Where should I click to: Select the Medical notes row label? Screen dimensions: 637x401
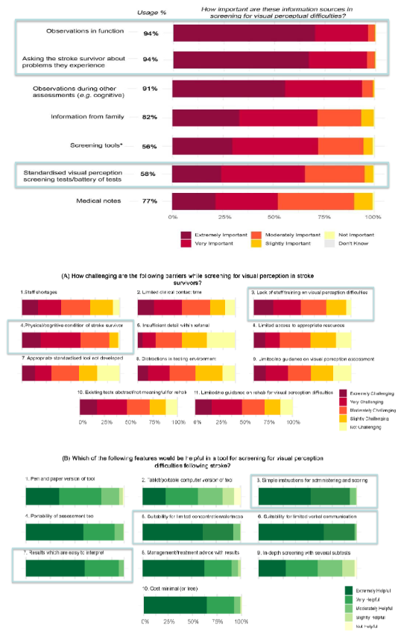pos(91,201)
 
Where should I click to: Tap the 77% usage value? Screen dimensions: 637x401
pos(149,201)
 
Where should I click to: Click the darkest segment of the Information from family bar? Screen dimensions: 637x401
pos(206,117)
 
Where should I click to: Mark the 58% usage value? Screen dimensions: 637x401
pos(149,174)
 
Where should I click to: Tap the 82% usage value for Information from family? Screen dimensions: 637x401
pos(149,117)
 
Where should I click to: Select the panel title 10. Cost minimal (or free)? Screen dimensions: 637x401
pos(174,589)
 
